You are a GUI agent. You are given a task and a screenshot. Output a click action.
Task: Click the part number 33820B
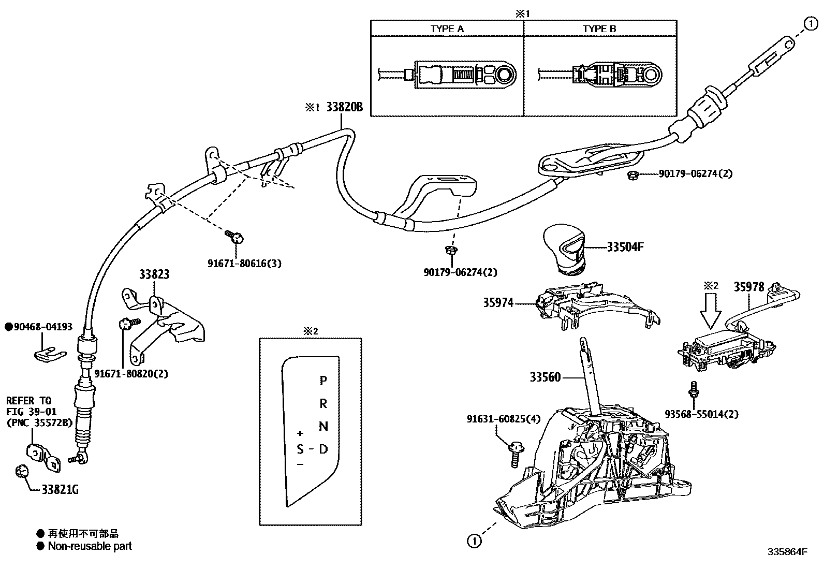coord(344,108)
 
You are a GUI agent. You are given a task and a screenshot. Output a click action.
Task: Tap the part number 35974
coord(498,302)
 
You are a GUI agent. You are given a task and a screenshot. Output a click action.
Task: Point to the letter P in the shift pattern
coord(323,381)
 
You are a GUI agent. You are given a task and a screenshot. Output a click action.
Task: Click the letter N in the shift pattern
coord(323,426)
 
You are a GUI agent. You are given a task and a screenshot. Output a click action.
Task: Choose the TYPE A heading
coord(447,29)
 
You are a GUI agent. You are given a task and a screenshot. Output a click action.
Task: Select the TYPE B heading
coord(599,29)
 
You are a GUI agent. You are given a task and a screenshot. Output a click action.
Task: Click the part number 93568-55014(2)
coord(701,414)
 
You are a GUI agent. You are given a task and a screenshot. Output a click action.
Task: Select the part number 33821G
coord(61,490)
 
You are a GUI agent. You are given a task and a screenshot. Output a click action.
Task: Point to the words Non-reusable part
coord(90,546)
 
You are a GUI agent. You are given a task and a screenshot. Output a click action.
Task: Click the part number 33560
coord(545,377)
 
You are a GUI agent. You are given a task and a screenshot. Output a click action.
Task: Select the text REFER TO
coord(28,401)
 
